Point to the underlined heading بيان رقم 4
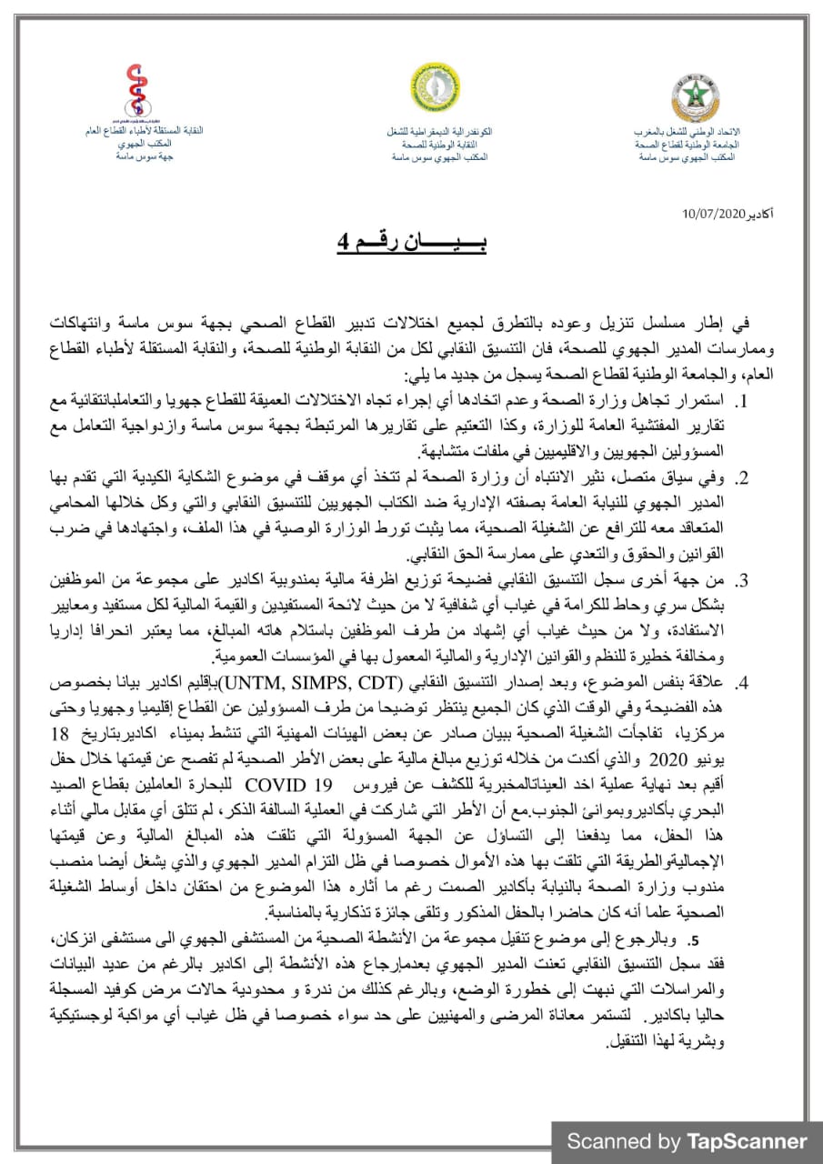[412, 245]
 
